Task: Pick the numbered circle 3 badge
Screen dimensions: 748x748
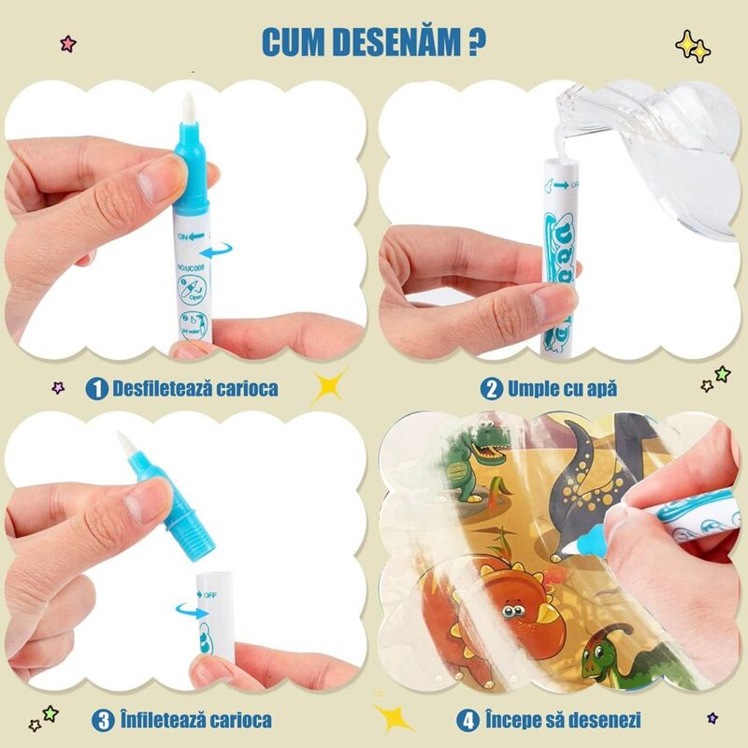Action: click(102, 720)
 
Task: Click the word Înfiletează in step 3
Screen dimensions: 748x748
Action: click(164, 720)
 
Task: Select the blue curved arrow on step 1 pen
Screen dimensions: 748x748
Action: click(220, 252)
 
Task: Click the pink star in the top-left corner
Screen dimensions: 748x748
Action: click(66, 43)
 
